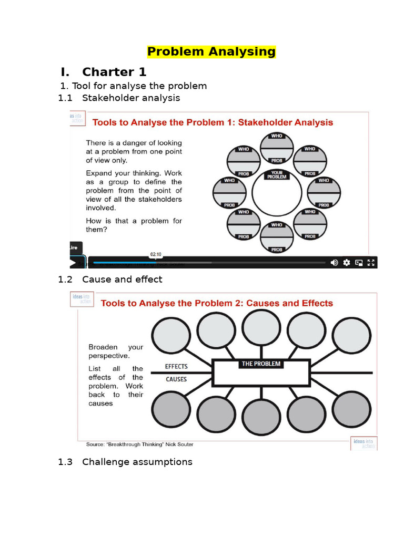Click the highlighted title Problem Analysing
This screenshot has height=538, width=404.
(x=211, y=51)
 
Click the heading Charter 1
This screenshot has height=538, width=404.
(x=114, y=71)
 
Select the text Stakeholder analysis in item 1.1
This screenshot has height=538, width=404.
(x=131, y=98)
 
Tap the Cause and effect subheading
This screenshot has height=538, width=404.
(x=122, y=280)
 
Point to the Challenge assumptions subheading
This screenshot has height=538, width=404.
(x=137, y=462)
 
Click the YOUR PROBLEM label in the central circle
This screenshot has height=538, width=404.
(x=277, y=175)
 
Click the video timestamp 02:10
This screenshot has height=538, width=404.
(x=156, y=254)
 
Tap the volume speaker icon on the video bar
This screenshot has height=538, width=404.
(x=334, y=263)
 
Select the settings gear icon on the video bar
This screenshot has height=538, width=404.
(x=347, y=263)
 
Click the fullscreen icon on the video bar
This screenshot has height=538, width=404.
(x=371, y=263)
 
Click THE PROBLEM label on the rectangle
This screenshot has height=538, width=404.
(x=261, y=364)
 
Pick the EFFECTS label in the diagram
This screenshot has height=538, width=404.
(x=176, y=366)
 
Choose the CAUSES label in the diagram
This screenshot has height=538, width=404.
(x=176, y=379)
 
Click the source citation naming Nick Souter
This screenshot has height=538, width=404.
(x=139, y=444)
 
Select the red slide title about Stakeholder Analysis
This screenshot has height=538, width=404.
(x=213, y=122)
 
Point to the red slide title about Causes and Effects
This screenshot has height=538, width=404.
(x=217, y=303)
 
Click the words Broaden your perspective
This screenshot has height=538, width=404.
(x=116, y=351)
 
